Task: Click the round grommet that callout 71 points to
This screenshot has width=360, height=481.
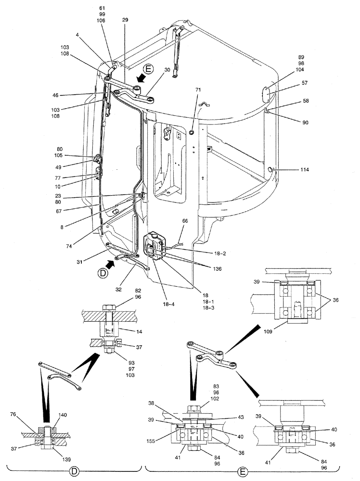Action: coord(192,131)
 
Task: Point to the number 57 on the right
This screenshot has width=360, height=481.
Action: coord(305,83)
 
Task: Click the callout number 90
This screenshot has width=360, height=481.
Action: coord(305,123)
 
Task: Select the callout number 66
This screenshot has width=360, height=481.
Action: coord(185,221)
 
